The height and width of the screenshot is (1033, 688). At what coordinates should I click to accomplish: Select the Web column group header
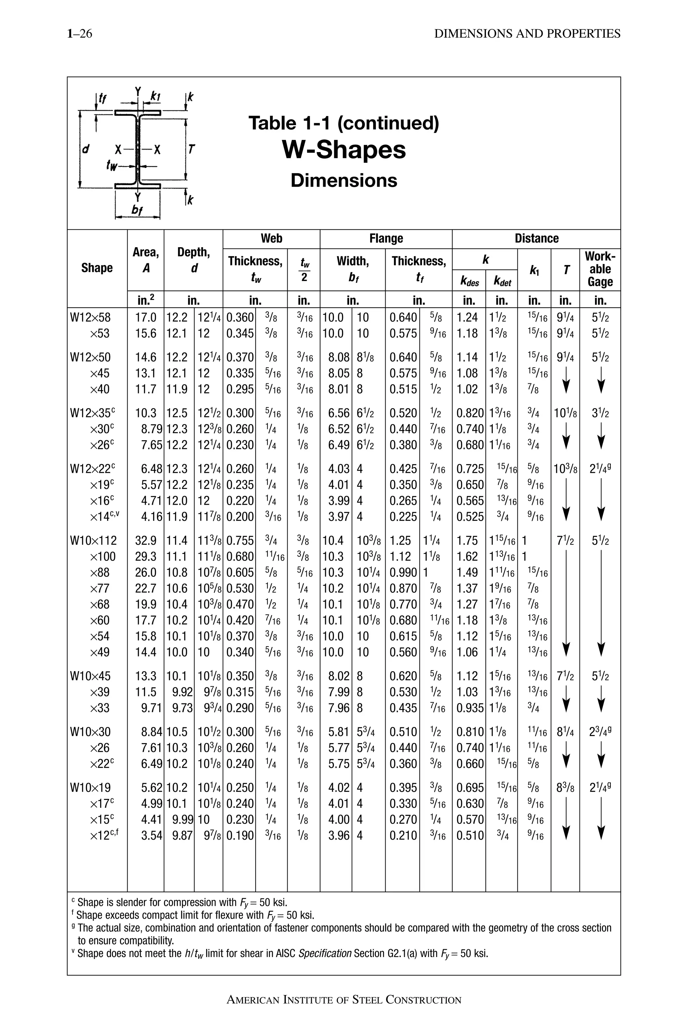click(271, 238)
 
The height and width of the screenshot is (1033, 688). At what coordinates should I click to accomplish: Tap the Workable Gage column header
click(600, 269)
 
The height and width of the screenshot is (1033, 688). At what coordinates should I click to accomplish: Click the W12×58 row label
click(90, 317)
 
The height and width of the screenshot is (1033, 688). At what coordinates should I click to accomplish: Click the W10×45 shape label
click(90, 676)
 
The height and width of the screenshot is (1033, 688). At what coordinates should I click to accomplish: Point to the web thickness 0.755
click(240, 541)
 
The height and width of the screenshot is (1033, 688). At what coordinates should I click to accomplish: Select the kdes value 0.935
click(470, 708)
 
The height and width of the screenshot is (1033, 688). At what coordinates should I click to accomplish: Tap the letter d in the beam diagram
click(86, 149)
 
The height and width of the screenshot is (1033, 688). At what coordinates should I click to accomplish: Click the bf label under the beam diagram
click(137, 211)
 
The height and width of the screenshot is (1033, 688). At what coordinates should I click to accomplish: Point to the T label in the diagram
click(191, 149)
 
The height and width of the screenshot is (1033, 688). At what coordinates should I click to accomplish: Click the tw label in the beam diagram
click(112, 165)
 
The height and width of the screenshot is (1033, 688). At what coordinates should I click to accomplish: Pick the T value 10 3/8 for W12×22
click(565, 469)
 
